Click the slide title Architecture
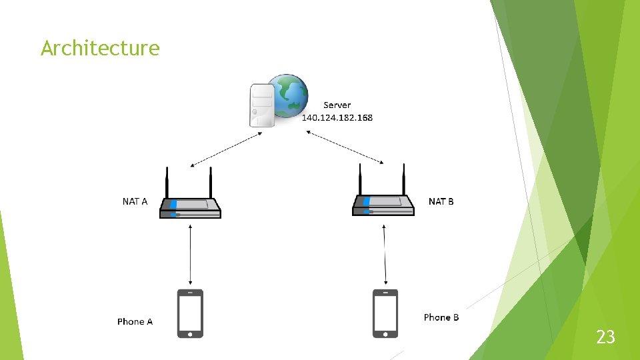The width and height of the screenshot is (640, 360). tap(100, 48)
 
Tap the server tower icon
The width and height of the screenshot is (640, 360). tap(261, 105)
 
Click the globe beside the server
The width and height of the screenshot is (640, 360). tap(289, 95)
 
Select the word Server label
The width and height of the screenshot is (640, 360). tap(337, 105)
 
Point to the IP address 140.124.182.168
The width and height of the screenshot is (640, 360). tap(337, 118)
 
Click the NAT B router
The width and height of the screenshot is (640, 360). tap(383, 205)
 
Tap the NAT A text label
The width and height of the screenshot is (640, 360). tap(135, 201)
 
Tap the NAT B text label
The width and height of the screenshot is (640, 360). tap(441, 201)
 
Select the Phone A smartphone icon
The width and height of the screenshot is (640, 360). tap(190, 313)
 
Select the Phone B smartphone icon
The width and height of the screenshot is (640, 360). tap(385, 313)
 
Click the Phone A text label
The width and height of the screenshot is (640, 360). tap(135, 321)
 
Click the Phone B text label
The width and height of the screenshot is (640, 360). tap(441, 317)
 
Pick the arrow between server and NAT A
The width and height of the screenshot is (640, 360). tap(226, 149)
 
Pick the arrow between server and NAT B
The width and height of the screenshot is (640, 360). tap(345, 147)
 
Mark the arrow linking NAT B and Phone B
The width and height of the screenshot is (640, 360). tap(385, 253)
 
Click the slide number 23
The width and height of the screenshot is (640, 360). tap(605, 337)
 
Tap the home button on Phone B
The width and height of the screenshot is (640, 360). tap(385, 333)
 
